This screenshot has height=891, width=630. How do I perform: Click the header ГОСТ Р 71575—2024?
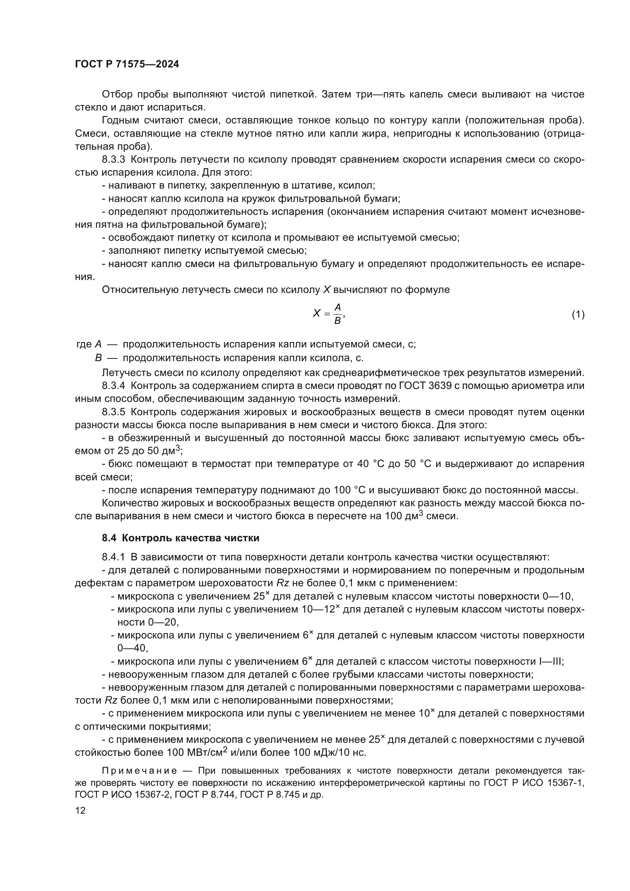pyautogui.click(x=127, y=64)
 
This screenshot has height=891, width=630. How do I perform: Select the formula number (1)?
pyautogui.click(x=578, y=314)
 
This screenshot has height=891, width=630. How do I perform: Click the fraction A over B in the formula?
pyautogui.click(x=337, y=314)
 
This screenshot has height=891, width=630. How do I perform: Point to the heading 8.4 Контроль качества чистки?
pyautogui.click(x=181, y=538)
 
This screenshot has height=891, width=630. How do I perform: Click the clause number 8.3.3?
pyautogui.click(x=113, y=160)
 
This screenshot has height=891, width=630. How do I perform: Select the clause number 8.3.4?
pyautogui.click(x=113, y=386)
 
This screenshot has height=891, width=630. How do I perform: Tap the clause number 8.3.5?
pyautogui.click(x=113, y=412)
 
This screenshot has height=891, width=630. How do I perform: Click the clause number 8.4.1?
pyautogui.click(x=113, y=557)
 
